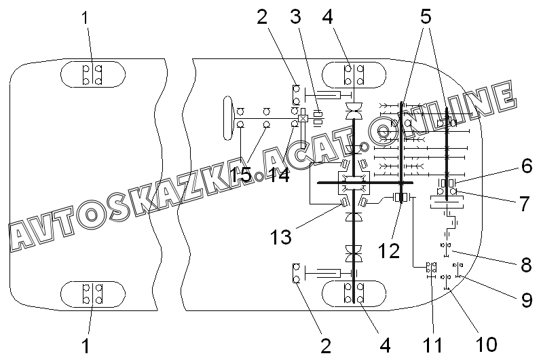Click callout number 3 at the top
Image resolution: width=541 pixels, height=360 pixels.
click(295, 16)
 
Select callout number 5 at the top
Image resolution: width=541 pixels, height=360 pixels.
click(426, 16)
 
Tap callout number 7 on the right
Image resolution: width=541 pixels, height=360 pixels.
click(525, 204)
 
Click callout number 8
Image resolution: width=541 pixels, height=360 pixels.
click(526, 265)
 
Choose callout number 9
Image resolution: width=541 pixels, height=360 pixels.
click(527, 300)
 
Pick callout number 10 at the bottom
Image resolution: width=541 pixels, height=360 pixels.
click(486, 344)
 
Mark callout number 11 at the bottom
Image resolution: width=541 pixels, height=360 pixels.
click(432, 345)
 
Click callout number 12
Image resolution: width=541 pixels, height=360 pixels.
click(389, 250)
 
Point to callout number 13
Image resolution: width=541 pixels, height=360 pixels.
click(280, 237)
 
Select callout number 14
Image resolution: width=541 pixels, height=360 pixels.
click(279, 175)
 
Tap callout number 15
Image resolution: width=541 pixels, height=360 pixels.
click(241, 175)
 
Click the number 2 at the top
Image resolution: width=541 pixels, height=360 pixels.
click(262, 16)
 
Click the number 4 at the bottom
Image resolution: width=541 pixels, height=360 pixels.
click(385, 345)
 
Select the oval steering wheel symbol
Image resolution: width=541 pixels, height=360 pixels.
click(227, 118)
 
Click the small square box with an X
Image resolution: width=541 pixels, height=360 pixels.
click(303, 119)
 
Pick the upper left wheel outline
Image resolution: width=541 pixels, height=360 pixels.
click(93, 74)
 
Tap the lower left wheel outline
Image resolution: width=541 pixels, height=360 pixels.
click(93, 293)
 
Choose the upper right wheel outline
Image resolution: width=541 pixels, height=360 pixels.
click(354, 74)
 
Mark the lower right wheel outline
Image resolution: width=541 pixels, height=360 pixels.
click(354, 293)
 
